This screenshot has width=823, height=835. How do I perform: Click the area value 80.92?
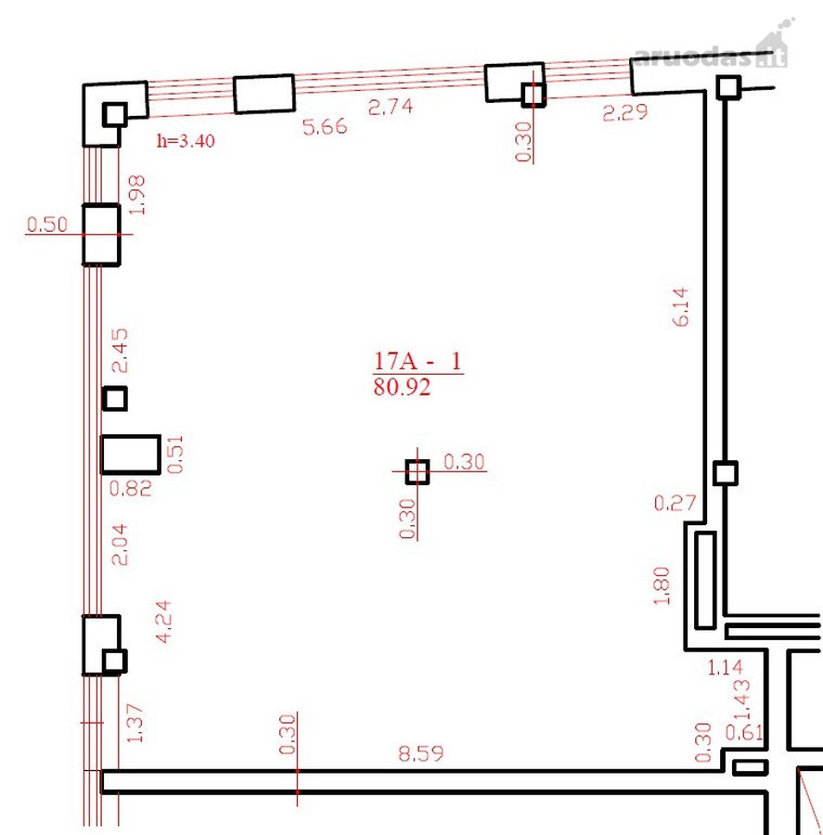coord(402,387)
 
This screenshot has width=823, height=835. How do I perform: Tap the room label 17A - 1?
coord(418,361)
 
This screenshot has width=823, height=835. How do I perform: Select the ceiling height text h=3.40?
coord(186,141)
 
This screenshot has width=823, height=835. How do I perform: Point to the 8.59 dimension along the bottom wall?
coord(421,753)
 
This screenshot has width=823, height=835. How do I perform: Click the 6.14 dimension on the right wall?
coord(681,307)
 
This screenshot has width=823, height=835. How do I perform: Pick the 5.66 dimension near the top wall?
coord(325,127)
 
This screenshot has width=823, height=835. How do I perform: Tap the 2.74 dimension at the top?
coord(391,107)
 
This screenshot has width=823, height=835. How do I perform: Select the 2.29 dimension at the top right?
coord(625,112)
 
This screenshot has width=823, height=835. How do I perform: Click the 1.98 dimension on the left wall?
coord(137,195)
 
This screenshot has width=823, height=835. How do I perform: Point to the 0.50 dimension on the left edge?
coord(47,225)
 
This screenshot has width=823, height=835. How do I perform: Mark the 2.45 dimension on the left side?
coord(120,351)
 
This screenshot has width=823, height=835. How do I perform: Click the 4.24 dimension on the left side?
coord(163,622)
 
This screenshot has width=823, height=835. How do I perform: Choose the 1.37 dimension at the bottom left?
coord(135,723)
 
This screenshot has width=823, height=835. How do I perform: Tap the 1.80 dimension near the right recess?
coord(661,585)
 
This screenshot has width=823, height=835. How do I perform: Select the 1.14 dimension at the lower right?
coord(725,667)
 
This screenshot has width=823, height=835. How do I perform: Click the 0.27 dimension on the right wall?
coord(675,503)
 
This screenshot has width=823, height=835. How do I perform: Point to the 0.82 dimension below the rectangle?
coord(131,488)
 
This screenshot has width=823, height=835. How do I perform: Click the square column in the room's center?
coord(418,472)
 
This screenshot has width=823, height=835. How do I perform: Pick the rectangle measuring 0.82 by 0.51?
coord(131,455)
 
